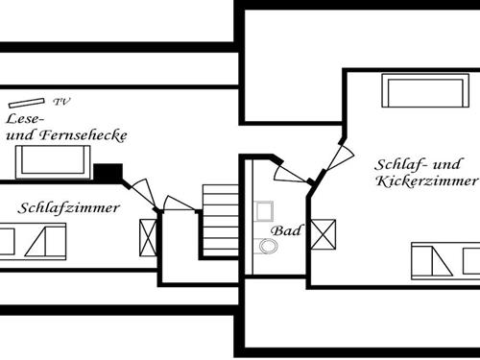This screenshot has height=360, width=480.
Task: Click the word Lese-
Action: [x=25, y=120]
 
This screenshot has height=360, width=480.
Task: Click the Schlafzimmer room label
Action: [x=69, y=207]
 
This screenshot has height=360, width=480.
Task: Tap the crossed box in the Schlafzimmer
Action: [x=149, y=235]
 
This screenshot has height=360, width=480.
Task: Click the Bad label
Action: [x=284, y=230]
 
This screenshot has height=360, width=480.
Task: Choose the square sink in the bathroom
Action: [x=266, y=211]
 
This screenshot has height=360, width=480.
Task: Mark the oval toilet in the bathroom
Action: [x=268, y=247]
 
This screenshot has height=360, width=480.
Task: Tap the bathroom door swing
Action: [x=290, y=173]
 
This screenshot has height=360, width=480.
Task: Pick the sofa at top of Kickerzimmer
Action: [x=414, y=92]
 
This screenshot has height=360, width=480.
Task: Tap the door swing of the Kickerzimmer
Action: [x=336, y=156]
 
